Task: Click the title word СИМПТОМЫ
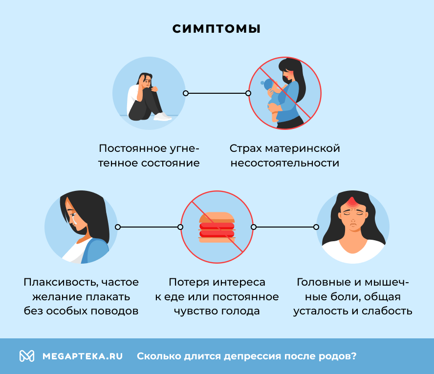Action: click(x=217, y=29)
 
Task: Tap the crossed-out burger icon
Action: click(x=217, y=228)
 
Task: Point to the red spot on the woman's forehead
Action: click(x=352, y=202)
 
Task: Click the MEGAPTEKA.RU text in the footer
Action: click(x=83, y=356)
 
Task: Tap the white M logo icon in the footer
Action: click(x=26, y=356)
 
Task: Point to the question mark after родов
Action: click(x=354, y=356)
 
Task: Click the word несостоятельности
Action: click(x=284, y=163)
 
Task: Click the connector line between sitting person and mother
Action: click(x=217, y=93)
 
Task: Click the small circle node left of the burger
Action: click(x=180, y=227)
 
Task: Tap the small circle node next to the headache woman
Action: click(x=316, y=227)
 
